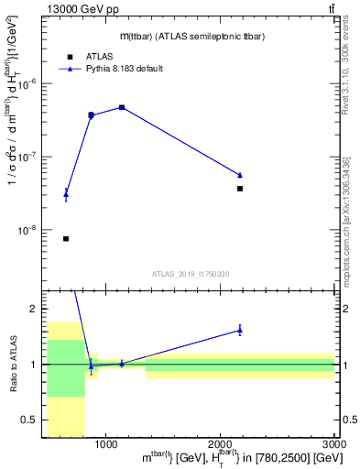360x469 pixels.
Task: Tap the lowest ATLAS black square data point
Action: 66,239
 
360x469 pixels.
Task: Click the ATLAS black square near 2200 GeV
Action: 240,189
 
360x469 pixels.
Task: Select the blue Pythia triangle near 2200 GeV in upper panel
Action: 240,175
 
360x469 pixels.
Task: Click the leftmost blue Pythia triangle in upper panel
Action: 66,194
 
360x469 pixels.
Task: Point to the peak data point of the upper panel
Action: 122,107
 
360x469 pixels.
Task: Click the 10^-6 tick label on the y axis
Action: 31,84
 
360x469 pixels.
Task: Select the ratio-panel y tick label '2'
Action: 35,310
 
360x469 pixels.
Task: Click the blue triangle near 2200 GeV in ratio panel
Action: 240,330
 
